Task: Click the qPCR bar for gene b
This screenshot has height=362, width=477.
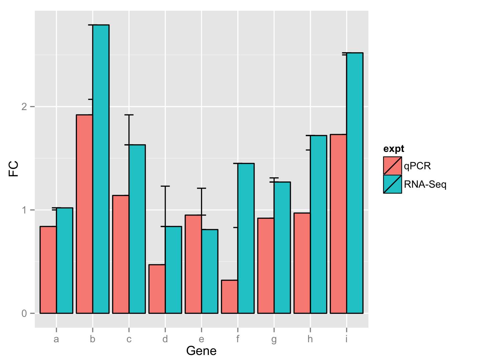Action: point(85,214)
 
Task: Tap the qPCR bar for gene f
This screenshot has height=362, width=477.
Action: point(229,296)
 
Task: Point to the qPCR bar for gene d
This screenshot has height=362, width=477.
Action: point(157,289)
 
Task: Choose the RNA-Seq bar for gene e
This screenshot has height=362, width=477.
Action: point(210,271)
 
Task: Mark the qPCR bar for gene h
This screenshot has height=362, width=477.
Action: point(302,263)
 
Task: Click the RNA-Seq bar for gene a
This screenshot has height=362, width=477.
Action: point(65,260)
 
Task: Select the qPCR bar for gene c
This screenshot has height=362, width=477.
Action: point(121,254)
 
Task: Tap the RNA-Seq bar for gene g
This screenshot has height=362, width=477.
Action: point(282,248)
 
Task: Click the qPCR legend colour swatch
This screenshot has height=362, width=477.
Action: point(392,166)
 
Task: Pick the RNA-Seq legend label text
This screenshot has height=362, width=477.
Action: point(425,184)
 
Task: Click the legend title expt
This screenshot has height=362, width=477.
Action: point(394,149)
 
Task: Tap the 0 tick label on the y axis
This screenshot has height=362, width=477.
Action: point(24,313)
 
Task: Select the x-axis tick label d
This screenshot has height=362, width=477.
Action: point(165,339)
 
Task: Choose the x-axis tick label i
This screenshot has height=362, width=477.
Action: point(347,339)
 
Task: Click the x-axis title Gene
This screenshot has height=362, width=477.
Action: point(201,351)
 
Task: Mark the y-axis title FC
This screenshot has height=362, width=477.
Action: point(13,169)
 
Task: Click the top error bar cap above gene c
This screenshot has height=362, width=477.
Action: point(129,115)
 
